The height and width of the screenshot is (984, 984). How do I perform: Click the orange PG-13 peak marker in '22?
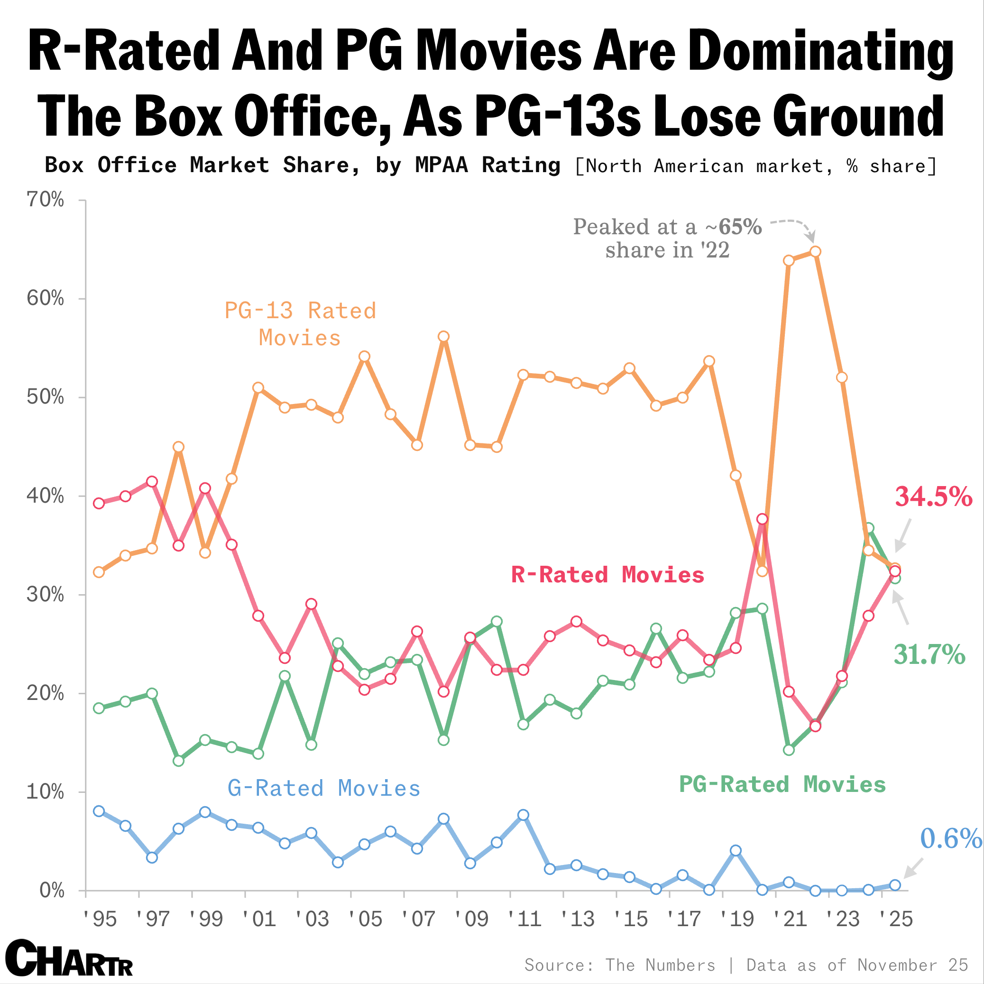click(815, 252)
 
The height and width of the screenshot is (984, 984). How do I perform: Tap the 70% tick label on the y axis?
click(46, 200)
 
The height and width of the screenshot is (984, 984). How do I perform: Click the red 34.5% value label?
click(934, 497)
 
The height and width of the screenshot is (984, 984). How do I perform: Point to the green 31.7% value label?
click(929, 654)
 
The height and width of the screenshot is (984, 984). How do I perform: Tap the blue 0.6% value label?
click(950, 838)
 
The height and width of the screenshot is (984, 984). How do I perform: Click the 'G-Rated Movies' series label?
click(324, 789)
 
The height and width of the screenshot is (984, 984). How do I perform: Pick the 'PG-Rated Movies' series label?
click(782, 784)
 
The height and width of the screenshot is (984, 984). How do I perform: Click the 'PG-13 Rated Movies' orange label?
click(300, 324)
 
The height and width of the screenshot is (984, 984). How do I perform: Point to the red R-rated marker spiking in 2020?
click(762, 519)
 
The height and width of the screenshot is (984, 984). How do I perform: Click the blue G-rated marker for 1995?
click(99, 811)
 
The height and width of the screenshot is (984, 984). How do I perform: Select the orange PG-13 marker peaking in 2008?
click(443, 336)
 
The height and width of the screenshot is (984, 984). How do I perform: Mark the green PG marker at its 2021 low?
click(789, 750)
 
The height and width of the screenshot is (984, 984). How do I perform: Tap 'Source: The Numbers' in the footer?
click(619, 965)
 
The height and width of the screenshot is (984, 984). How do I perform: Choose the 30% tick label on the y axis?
click(46, 594)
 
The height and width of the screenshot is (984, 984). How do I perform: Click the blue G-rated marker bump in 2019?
click(736, 851)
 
